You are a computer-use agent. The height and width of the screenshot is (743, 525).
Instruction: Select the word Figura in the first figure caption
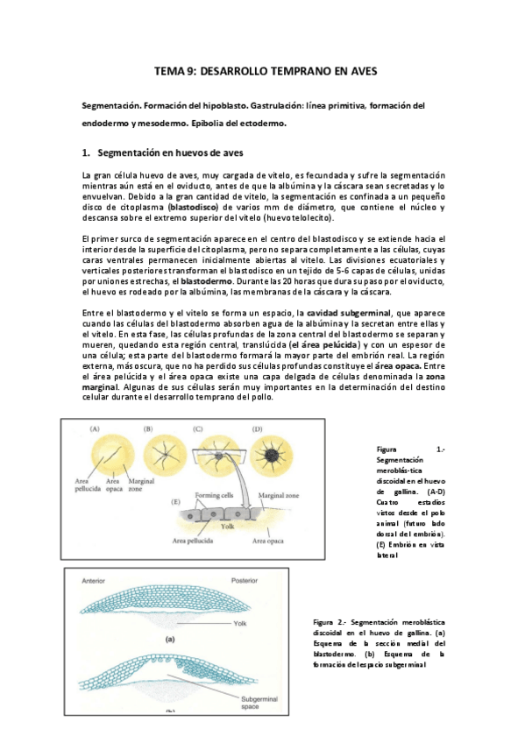[387, 448]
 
